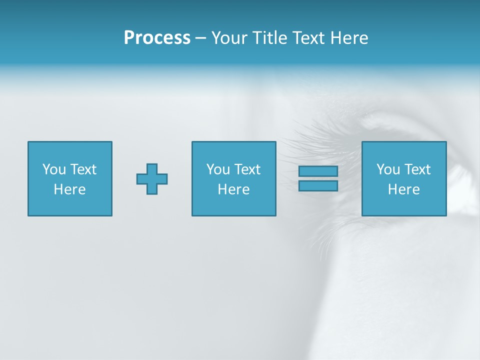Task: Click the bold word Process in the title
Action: [x=157, y=38]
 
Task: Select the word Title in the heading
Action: [x=270, y=38]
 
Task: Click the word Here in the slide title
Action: [x=350, y=38]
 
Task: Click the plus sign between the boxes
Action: [x=152, y=179]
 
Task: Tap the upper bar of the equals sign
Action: [x=318, y=171]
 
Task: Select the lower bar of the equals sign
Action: [x=318, y=185]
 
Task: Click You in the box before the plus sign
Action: [x=54, y=169]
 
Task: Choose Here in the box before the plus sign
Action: [x=69, y=189]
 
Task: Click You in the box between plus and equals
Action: [x=218, y=169]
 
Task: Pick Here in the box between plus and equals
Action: [x=233, y=189]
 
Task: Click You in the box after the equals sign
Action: [x=388, y=169]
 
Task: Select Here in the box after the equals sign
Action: [x=403, y=189]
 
